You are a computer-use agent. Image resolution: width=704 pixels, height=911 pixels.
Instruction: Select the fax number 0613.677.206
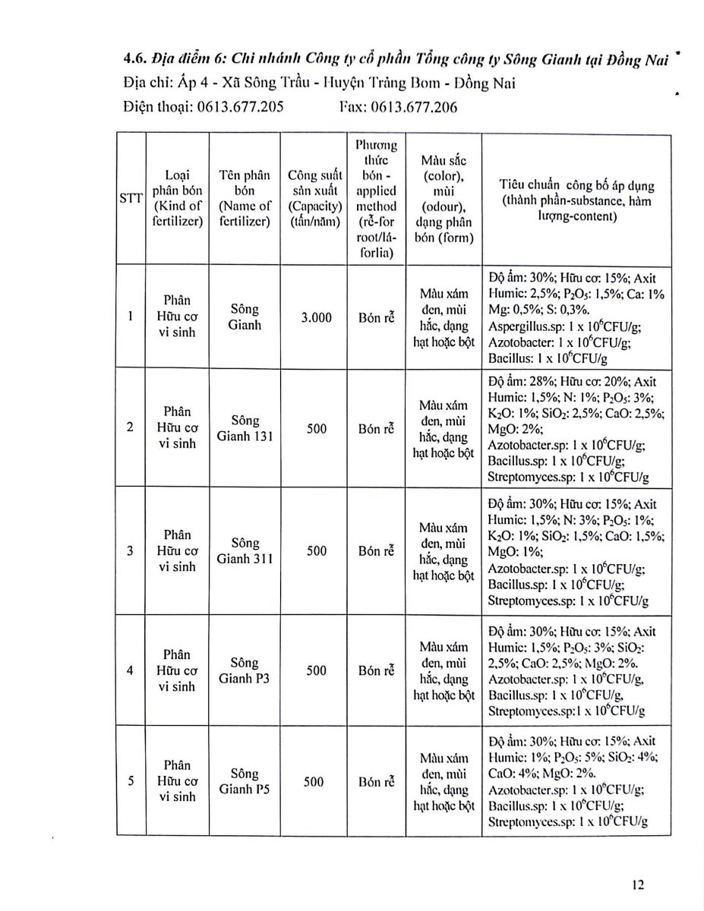(415, 107)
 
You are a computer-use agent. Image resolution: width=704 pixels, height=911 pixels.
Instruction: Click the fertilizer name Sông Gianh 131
(245, 428)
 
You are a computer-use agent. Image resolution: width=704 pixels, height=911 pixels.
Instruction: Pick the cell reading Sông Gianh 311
(245, 551)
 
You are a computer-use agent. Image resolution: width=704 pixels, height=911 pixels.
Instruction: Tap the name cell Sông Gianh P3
(245, 670)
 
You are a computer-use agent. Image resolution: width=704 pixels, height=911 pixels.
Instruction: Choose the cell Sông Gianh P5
(245, 781)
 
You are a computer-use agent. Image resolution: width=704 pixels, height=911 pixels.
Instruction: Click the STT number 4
(131, 670)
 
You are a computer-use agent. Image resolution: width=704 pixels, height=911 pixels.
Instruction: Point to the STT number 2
(131, 427)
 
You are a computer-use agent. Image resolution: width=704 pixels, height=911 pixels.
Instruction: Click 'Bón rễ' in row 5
(377, 781)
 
